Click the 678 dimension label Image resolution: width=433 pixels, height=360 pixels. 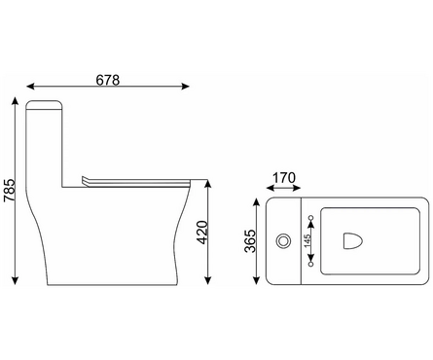[108, 80]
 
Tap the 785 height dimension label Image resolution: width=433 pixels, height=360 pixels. [10, 191]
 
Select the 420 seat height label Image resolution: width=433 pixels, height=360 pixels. [202, 233]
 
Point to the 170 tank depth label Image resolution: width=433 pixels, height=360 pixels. [284, 178]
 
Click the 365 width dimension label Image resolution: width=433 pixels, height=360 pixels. [250, 241]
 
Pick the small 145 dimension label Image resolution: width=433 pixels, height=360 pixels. [307, 240]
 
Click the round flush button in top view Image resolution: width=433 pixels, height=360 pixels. [283, 241]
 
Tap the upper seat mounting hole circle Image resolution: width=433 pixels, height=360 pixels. [311, 217]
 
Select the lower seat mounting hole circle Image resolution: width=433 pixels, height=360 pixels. [311, 265]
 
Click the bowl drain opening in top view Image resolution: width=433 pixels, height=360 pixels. [352, 241]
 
